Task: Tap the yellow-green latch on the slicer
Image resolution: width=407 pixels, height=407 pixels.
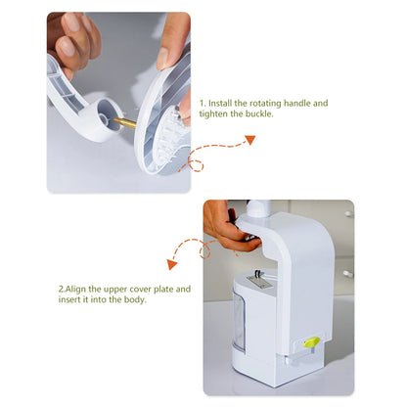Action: coord(312,342)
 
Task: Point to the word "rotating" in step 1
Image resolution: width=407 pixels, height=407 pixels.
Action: coord(273,103)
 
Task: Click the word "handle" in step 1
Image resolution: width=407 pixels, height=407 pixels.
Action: coord(308,103)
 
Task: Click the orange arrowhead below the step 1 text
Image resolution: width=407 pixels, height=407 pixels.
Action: coord(249,140)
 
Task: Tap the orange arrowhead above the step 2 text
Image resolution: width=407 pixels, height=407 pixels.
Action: coord(172,263)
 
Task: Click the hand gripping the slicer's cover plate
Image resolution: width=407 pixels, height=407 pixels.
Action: coord(228,228)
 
